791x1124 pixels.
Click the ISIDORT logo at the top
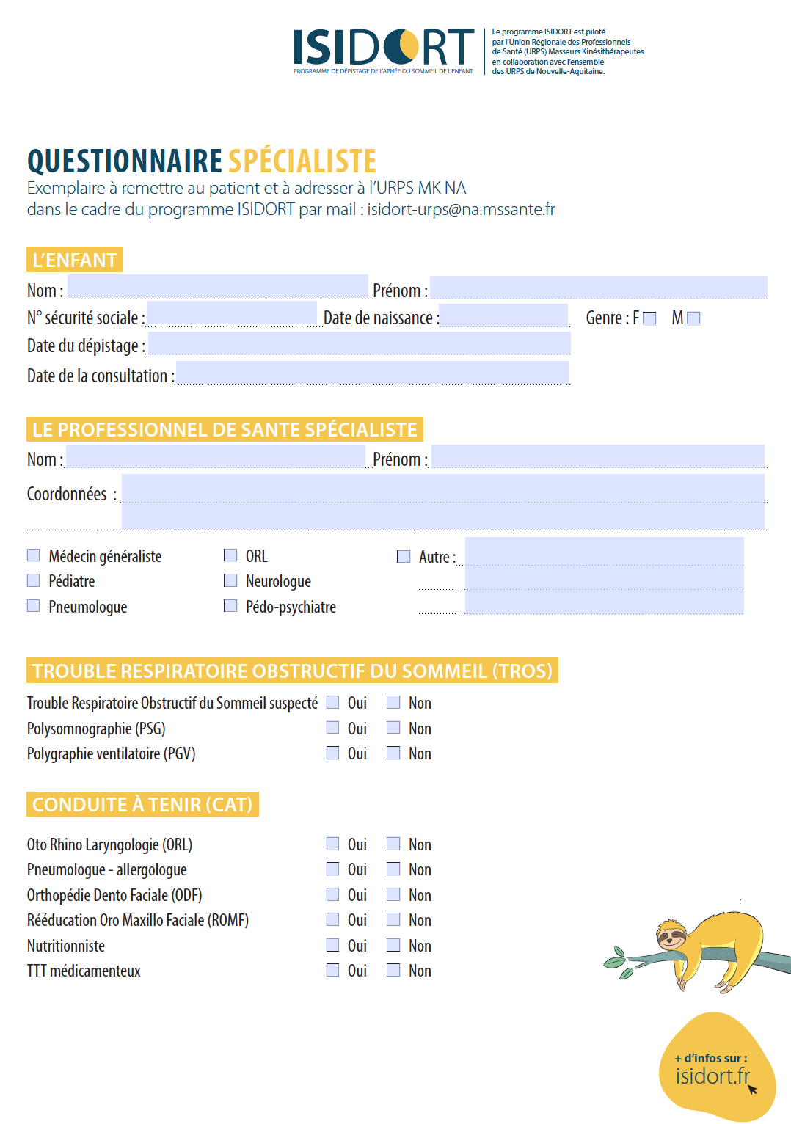tap(383, 48)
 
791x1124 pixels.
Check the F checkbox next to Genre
tap(649, 318)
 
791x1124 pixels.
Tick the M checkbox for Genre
tap(693, 318)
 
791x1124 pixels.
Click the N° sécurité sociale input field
tap(232, 314)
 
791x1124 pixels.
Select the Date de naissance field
tap(503, 315)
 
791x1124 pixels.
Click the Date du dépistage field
tap(359, 343)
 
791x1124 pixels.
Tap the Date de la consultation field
tap(373, 373)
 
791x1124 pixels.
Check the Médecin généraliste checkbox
tap(34, 555)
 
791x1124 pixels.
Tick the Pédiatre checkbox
tap(34, 580)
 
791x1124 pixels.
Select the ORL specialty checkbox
tap(230, 555)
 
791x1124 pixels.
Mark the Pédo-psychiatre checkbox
tap(230, 606)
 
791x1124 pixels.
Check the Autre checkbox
tap(404, 557)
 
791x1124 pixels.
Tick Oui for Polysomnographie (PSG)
tap(333, 728)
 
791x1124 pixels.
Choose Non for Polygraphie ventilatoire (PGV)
tap(394, 753)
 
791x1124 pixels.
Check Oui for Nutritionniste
tap(333, 945)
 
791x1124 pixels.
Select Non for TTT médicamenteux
tap(394, 970)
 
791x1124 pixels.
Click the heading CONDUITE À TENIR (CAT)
tap(142, 805)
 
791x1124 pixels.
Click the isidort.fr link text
tap(712, 1076)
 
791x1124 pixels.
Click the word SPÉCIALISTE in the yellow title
tap(302, 161)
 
